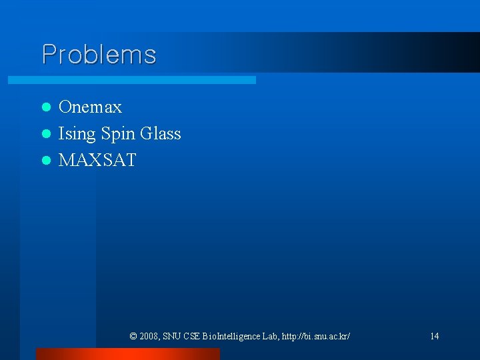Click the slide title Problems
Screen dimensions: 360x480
[99, 54]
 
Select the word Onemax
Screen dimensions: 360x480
[90, 107]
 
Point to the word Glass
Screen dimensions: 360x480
[161, 133]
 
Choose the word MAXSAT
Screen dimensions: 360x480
[97, 160]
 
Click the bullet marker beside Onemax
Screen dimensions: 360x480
[46, 107]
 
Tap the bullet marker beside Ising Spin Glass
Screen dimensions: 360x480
[46, 134]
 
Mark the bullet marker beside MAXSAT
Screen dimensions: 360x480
[46, 161]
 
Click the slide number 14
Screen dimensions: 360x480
[434, 336]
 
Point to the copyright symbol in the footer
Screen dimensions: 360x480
[133, 336]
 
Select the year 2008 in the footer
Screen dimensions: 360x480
[149, 336]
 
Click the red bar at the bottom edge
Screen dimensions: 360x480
[127, 354]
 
